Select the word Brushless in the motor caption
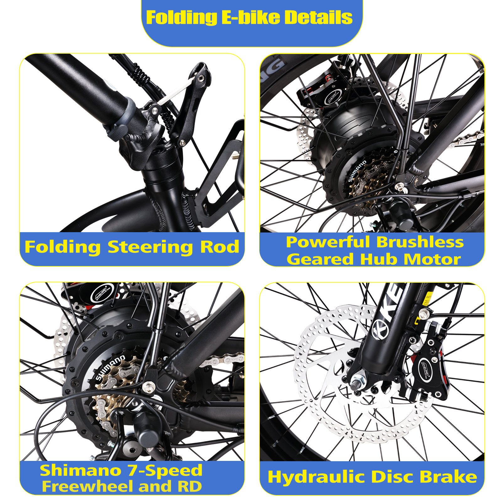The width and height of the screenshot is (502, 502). pos(420,242)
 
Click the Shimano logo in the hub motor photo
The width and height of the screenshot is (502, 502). pos(357,171)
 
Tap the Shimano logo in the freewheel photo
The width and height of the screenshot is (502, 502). pos(110,367)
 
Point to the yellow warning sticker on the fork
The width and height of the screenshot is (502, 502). pos(428,298)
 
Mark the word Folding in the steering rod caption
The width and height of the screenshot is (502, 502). pos(63,248)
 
